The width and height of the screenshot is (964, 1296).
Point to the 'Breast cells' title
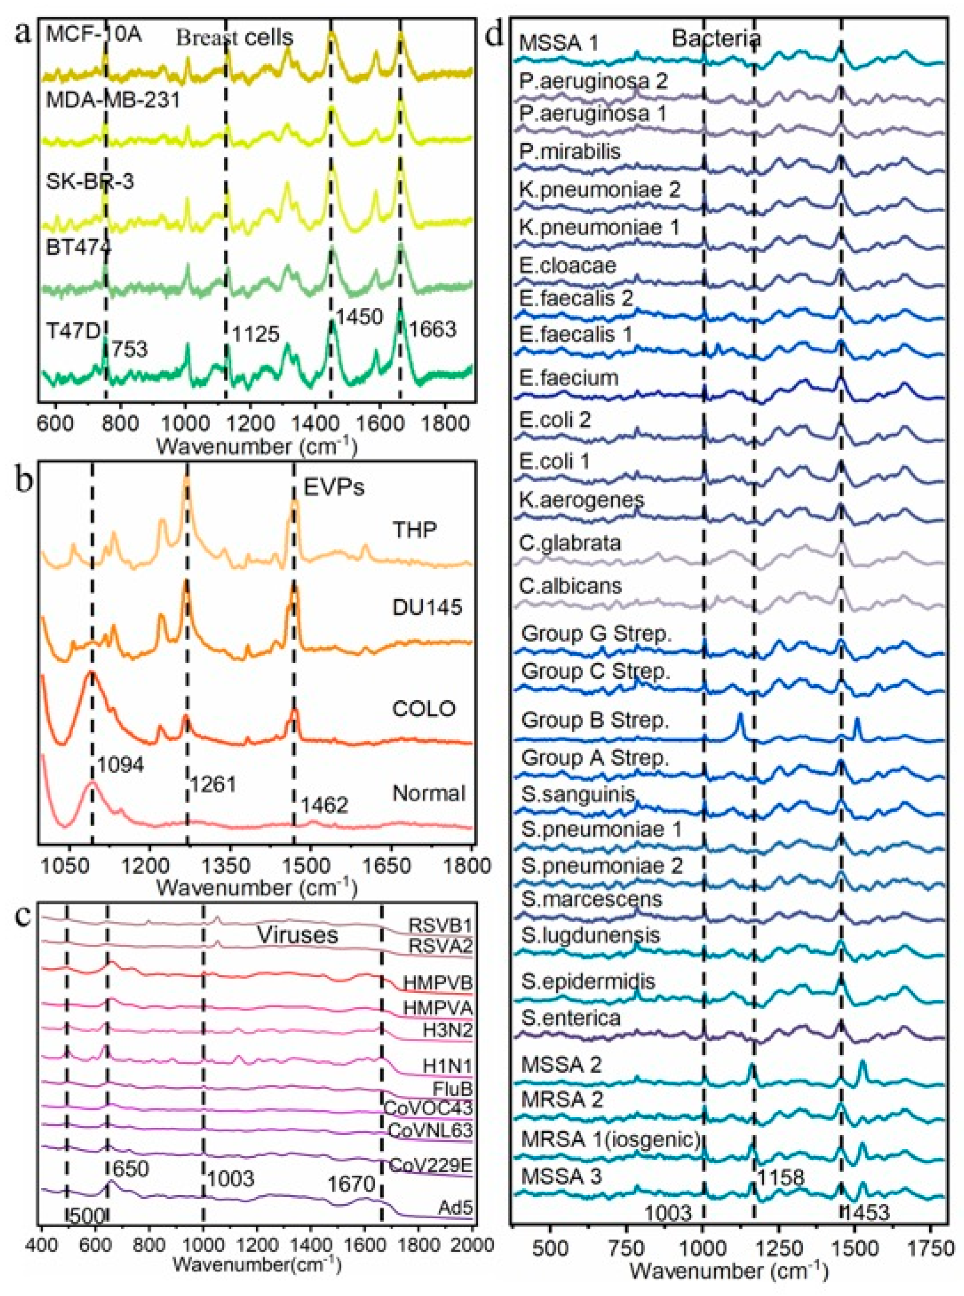click(x=234, y=39)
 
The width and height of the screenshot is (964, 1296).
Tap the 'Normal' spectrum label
click(x=429, y=793)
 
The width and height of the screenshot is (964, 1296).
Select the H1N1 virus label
click(x=447, y=1066)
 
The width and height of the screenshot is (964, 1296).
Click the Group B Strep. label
click(x=595, y=720)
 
